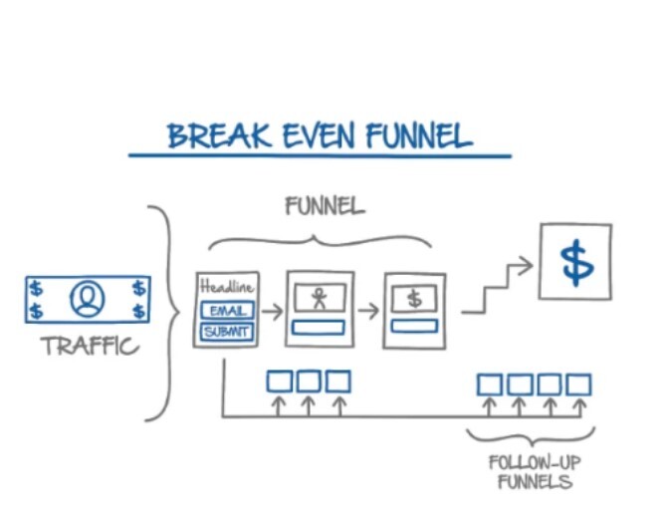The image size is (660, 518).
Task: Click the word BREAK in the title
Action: tap(204, 134)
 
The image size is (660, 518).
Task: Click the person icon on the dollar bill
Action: tap(87, 299)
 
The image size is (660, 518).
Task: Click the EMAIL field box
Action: tap(227, 310)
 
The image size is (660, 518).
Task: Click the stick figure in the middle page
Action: tap(319, 297)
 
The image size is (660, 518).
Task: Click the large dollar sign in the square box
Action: tap(575, 261)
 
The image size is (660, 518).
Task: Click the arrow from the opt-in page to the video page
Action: tap(270, 310)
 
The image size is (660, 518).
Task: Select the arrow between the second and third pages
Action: tap(367, 310)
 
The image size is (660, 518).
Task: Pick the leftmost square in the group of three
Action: tap(278, 382)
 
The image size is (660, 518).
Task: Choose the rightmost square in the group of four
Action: tap(579, 385)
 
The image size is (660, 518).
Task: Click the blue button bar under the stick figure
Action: tap(319, 327)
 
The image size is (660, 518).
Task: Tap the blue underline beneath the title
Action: tap(319, 155)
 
